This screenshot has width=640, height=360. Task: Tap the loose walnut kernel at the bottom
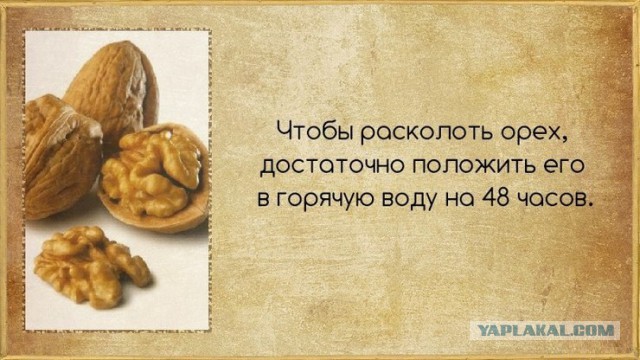click(90, 265)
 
